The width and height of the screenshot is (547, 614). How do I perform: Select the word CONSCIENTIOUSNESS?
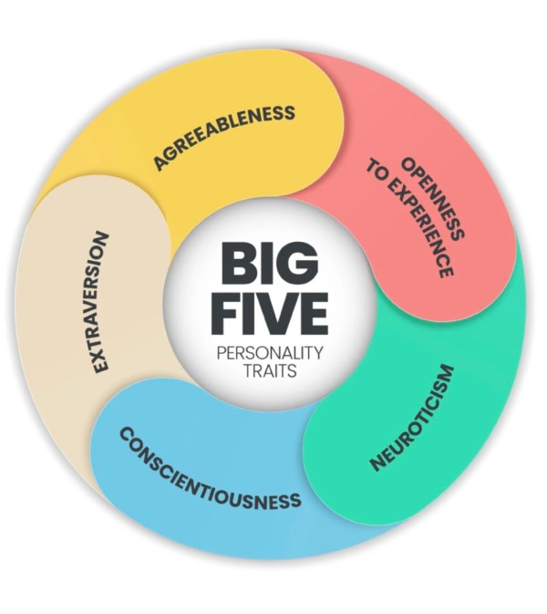point(210,469)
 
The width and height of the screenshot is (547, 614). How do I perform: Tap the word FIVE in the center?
point(269,313)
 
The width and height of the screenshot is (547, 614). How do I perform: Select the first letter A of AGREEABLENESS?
point(160,164)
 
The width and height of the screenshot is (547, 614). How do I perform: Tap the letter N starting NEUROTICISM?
point(377,463)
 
